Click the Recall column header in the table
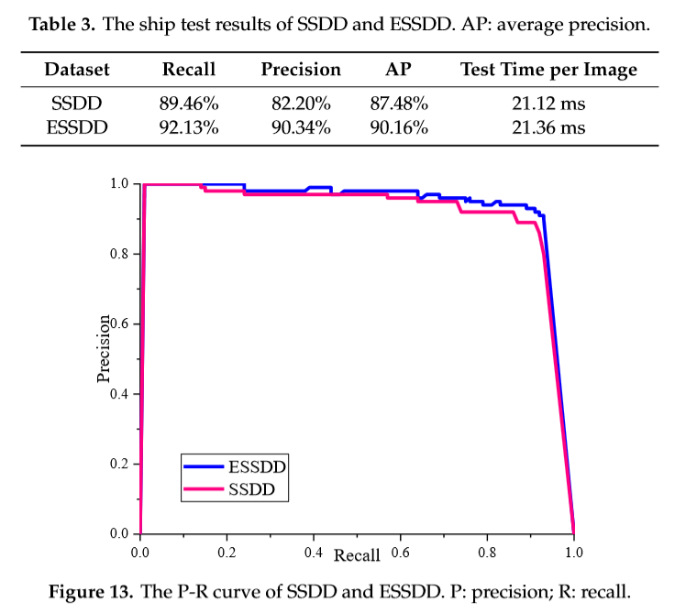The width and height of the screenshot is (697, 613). (189, 70)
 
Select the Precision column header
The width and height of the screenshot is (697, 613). (301, 70)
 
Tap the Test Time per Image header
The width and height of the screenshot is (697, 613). (548, 70)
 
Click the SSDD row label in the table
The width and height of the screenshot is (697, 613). (77, 105)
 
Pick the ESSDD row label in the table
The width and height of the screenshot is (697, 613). (77, 127)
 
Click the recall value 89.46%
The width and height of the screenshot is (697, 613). (189, 105)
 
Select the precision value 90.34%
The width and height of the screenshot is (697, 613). (301, 127)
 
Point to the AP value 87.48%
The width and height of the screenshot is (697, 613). (399, 105)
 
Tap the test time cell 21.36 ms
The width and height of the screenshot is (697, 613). (548, 127)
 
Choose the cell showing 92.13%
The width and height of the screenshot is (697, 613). (189, 127)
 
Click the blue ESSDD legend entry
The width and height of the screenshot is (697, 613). (236, 466)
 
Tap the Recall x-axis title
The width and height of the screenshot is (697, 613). (357, 555)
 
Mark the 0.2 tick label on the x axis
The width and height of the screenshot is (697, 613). (227, 553)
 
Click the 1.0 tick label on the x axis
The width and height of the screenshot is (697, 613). (573, 553)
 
